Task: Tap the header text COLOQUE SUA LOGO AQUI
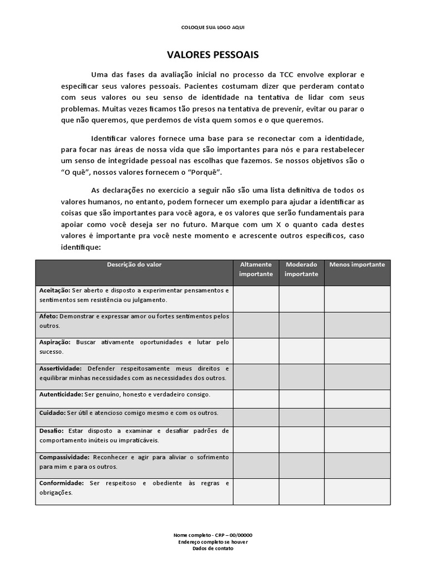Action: pyautogui.click(x=212, y=27)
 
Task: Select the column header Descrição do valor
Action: pyautogui.click(x=134, y=265)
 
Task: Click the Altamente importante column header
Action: pyautogui.click(x=256, y=269)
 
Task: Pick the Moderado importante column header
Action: pyautogui.click(x=302, y=269)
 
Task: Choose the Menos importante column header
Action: pyautogui.click(x=357, y=265)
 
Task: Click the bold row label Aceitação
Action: pyautogui.click(x=54, y=290)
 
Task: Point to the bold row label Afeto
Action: pyautogui.click(x=48, y=316)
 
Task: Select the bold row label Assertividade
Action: pyautogui.click(x=60, y=368)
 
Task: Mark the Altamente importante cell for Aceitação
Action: pyautogui.click(x=256, y=299)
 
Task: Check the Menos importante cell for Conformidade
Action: pyautogui.click(x=357, y=491)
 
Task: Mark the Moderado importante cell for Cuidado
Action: pyautogui.click(x=302, y=416)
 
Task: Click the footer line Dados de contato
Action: pyautogui.click(x=213, y=548)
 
